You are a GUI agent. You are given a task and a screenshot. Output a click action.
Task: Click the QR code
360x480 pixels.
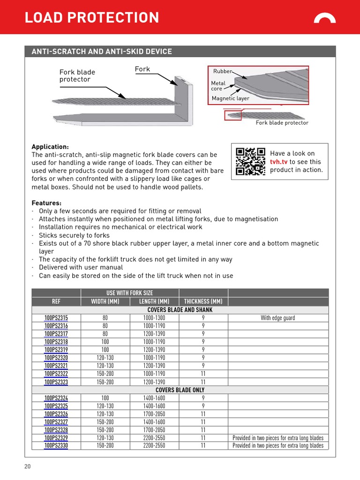coord(250,161)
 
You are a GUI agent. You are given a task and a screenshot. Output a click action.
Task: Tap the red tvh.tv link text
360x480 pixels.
coord(278,162)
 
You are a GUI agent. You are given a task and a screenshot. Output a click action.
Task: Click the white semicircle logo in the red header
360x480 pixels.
coord(324,18)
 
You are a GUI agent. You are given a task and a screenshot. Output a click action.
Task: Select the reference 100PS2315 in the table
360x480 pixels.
coord(56,318)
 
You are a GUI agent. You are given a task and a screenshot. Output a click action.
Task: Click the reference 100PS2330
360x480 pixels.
coord(56,446)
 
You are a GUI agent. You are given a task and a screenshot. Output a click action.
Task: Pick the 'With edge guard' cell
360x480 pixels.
coord(278,318)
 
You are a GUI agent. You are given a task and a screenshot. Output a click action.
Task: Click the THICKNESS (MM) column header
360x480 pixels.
coord(203,301)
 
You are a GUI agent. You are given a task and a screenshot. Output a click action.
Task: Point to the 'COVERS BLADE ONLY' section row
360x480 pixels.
coord(180,390)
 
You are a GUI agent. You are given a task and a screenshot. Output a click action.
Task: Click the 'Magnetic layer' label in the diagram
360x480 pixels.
coord(230,98)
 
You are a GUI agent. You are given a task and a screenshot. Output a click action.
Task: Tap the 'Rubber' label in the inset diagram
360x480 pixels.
coord(223,71)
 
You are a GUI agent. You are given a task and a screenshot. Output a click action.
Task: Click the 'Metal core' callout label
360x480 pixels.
coord(218,86)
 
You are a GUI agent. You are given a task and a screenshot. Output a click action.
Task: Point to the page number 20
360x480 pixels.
coord(28,466)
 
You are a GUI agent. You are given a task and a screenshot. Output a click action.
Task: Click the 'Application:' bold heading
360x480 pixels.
coord(50,146)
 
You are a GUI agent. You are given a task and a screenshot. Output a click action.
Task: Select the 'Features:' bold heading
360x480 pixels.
coord(46,203)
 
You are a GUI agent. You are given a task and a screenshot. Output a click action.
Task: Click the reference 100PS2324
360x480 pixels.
coord(56,398)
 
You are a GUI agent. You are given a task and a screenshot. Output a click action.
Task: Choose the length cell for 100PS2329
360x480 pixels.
coord(154,438)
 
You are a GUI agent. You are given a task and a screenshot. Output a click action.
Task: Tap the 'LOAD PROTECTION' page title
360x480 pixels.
coord(92,18)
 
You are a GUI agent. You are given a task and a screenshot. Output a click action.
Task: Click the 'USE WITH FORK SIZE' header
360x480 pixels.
coord(130,293)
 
